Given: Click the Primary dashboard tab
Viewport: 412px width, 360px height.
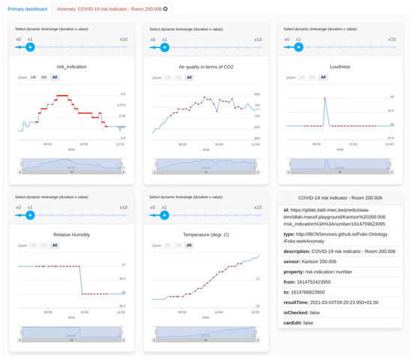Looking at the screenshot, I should coord(27,8).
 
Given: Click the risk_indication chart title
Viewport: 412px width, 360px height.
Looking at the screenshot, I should coord(71,66).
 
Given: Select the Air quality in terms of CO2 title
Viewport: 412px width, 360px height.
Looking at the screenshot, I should coord(206,66).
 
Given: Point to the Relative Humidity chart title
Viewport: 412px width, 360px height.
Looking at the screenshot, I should coord(71,234).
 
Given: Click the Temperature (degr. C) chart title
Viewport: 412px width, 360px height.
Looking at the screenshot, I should coord(206,234).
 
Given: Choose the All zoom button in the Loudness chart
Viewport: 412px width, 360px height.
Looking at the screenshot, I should coord(324,77).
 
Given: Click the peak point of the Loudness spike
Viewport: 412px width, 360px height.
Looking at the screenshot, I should coord(324,97).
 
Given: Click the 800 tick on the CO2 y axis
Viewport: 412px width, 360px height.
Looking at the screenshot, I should coord(256,94).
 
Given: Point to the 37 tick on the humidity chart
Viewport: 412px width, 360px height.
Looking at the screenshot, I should coord(123,265).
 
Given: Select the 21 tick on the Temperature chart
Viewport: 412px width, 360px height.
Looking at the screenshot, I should coord(257,278).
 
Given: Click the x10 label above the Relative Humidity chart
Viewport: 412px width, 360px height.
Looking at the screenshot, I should coord(123,206).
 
